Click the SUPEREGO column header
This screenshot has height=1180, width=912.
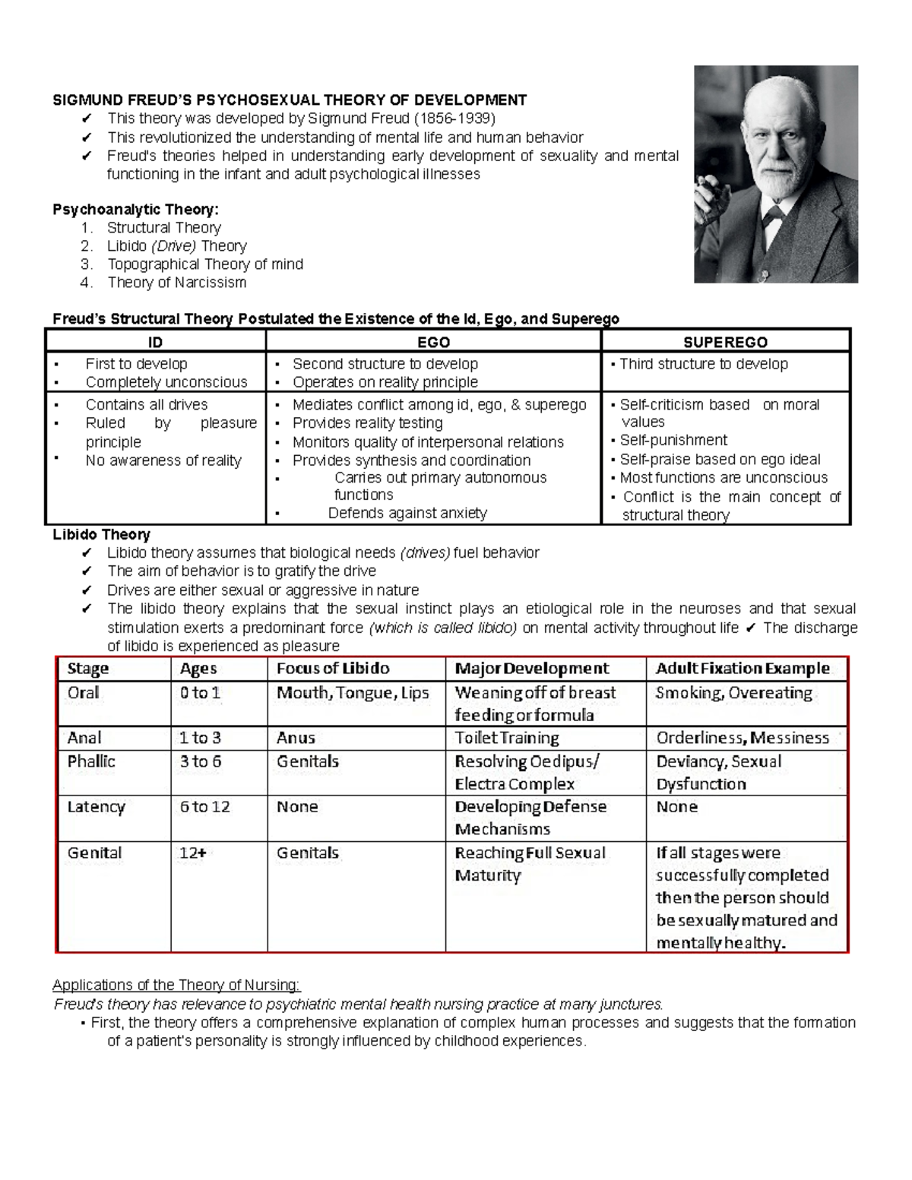(x=725, y=342)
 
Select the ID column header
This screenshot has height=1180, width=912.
(x=155, y=342)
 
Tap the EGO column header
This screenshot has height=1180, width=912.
(x=433, y=342)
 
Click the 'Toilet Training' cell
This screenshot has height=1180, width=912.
(x=507, y=738)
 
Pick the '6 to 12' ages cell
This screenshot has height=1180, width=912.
(x=204, y=807)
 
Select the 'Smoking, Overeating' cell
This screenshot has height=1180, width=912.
(x=733, y=693)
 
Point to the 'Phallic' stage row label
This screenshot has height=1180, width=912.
(x=91, y=761)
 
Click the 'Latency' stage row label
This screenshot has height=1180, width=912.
(x=96, y=807)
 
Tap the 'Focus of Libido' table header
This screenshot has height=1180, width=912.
(x=333, y=669)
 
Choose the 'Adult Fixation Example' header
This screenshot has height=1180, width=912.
(x=743, y=669)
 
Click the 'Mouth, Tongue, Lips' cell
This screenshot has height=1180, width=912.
(x=353, y=693)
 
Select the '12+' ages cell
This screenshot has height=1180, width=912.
(x=192, y=853)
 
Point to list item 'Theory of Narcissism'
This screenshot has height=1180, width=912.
(x=176, y=283)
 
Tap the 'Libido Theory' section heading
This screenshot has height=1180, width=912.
(x=100, y=534)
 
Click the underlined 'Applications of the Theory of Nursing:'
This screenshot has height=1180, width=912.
(x=176, y=985)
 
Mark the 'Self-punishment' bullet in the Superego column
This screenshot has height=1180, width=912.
(x=673, y=441)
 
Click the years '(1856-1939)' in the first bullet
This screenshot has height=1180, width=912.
(x=454, y=119)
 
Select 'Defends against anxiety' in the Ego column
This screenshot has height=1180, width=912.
(x=407, y=513)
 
